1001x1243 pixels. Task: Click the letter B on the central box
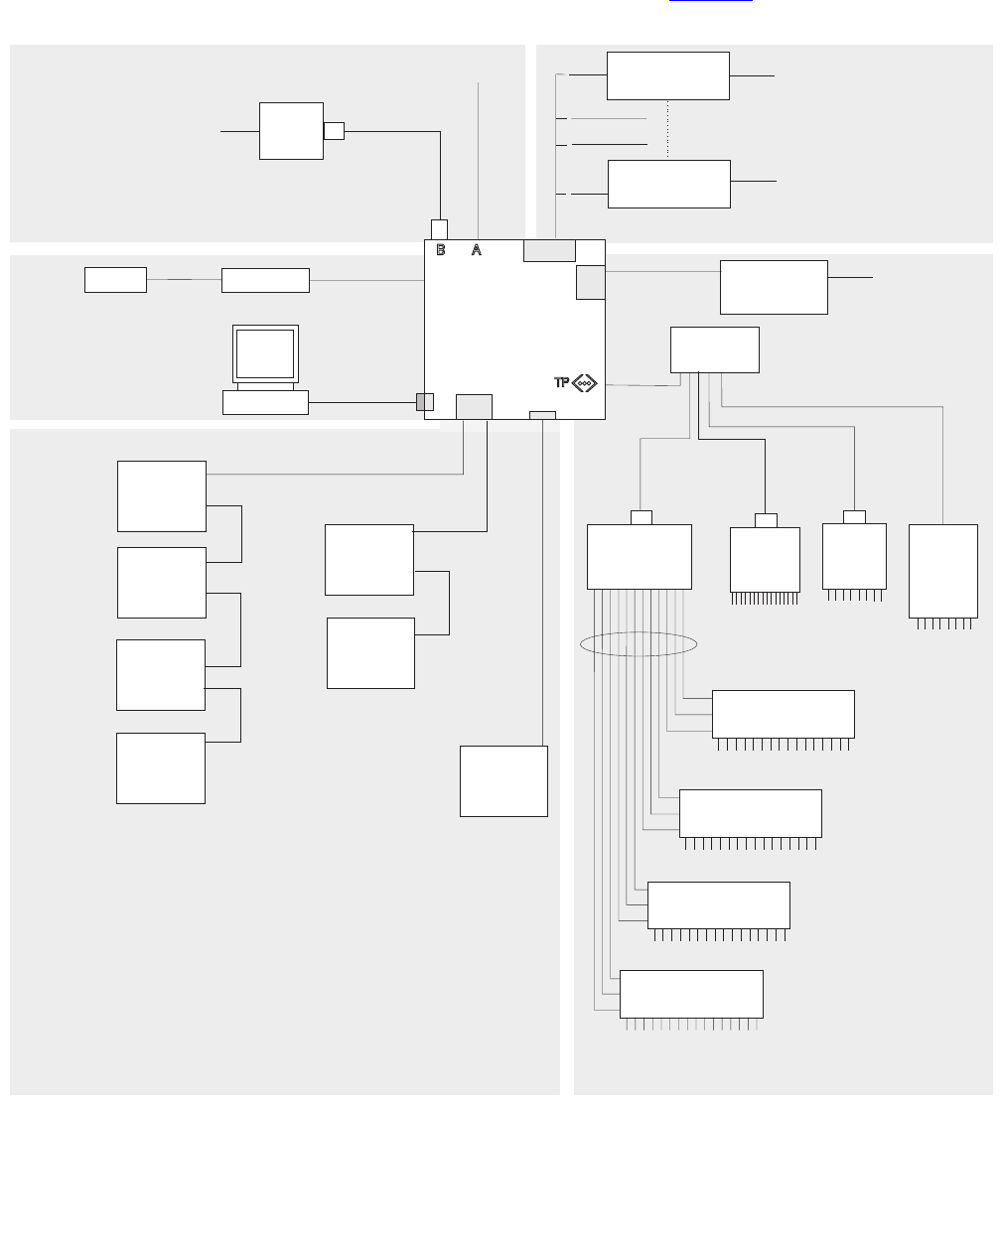(441, 250)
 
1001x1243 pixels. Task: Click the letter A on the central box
(477, 250)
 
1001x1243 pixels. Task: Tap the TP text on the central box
(562, 383)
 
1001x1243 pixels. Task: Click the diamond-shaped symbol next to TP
(585, 383)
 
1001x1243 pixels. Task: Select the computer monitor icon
(265, 354)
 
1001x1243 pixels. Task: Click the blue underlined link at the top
(710, 3)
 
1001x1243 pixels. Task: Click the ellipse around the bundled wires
(639, 644)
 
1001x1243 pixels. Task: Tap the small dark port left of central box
(425, 401)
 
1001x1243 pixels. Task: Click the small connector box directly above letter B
(439, 229)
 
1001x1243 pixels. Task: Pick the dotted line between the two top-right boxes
(668, 129)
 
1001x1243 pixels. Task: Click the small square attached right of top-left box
(334, 130)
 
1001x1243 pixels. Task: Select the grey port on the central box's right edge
(590, 282)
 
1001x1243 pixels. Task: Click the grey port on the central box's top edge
(549, 250)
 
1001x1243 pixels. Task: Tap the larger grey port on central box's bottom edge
(474, 406)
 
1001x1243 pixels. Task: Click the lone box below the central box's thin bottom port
(503, 780)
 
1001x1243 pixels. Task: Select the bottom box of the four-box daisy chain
(161, 767)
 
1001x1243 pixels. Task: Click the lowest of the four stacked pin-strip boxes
(691, 994)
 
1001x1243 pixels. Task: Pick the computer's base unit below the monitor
(265, 402)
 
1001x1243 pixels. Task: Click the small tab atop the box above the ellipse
(642, 517)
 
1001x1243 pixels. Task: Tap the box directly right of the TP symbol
(715, 349)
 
